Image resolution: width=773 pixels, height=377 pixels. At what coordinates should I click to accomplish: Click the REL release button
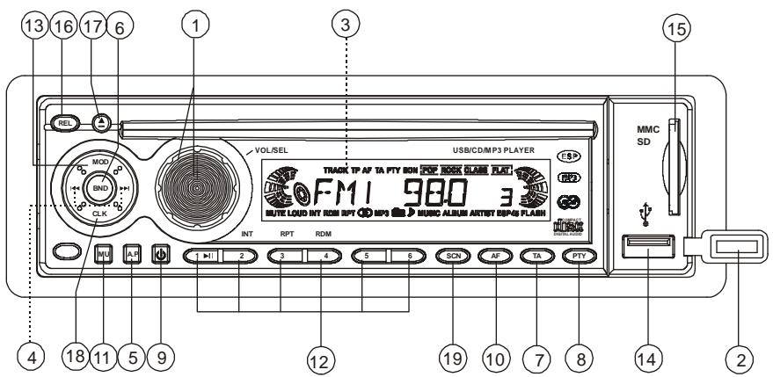point(64,123)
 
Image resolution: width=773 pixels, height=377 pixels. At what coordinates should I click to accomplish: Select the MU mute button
point(103,257)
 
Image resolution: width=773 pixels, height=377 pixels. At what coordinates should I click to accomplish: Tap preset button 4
point(322,257)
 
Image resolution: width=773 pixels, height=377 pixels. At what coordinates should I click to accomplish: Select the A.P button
point(133,257)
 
